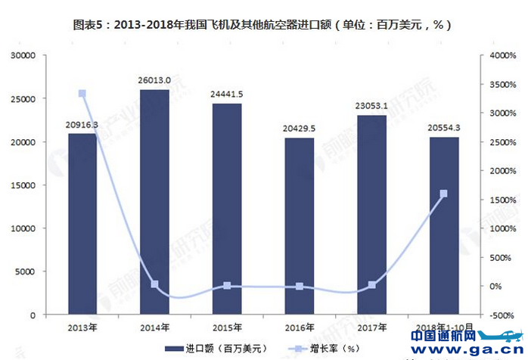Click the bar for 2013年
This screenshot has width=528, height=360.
82,223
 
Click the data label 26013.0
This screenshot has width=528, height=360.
154,80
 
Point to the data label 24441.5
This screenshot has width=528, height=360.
227,94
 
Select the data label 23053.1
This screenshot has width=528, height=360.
371,106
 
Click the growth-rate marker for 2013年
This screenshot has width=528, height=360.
82,94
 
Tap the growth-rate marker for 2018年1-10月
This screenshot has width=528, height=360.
443,194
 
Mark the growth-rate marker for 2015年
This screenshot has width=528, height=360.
227,286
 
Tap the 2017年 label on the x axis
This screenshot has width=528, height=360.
371,327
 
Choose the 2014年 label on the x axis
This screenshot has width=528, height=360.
154,327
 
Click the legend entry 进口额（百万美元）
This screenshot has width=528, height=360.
220,349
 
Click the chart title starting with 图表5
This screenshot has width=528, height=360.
263,24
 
